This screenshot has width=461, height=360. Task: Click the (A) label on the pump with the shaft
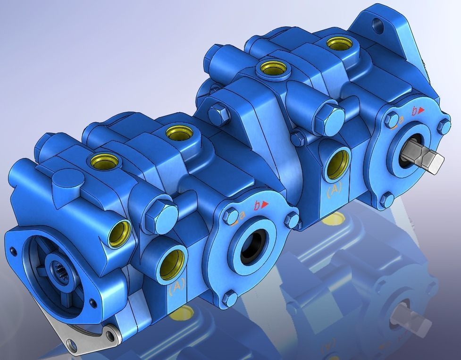(x=334, y=190)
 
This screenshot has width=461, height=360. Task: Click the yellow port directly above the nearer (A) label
(x=172, y=264)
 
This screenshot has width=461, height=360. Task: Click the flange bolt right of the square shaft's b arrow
(x=444, y=126)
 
